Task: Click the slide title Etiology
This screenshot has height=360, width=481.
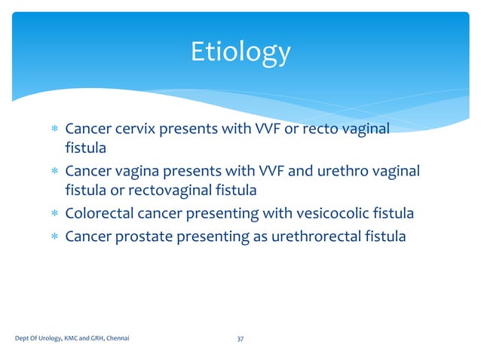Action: click(240, 53)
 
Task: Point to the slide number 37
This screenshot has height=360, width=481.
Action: click(240, 340)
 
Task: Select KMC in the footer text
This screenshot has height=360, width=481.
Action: click(71, 340)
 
